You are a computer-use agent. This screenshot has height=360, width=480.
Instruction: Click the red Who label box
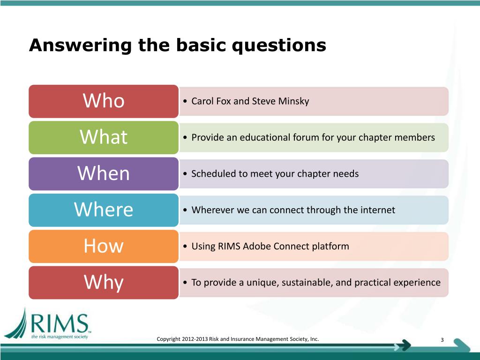coord(104,101)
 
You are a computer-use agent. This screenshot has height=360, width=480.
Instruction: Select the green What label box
coord(104,137)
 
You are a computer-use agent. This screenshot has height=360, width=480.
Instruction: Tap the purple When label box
coord(104,173)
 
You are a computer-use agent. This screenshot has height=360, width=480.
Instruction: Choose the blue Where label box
coord(104,210)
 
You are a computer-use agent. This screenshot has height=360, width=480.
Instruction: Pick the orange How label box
coord(104,246)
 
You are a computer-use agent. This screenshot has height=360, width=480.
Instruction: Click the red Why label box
coord(104,282)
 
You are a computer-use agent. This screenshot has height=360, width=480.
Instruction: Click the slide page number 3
coord(442,340)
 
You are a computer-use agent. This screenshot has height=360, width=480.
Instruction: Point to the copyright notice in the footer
coord(238,339)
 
